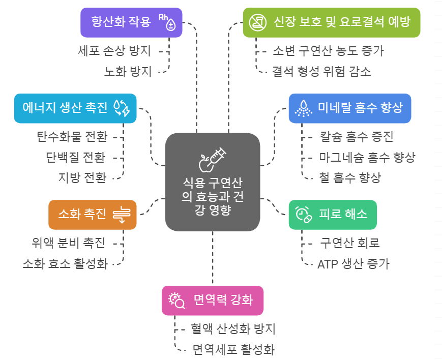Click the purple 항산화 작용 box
[x=131, y=22]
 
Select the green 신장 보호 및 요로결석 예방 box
[x=331, y=22]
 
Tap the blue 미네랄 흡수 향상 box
[x=350, y=108]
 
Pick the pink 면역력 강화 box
[x=213, y=299]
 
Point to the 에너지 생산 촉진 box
[x=75, y=108]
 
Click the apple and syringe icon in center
[x=212, y=159]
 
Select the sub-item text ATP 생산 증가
[x=353, y=264]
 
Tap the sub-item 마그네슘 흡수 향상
[x=367, y=157]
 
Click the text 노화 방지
[x=128, y=72]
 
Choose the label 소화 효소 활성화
[x=65, y=264]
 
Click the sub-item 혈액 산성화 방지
[x=232, y=329]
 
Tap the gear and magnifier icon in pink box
[x=176, y=300]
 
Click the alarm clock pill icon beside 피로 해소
[x=303, y=214]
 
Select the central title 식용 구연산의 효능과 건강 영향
[x=212, y=196]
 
